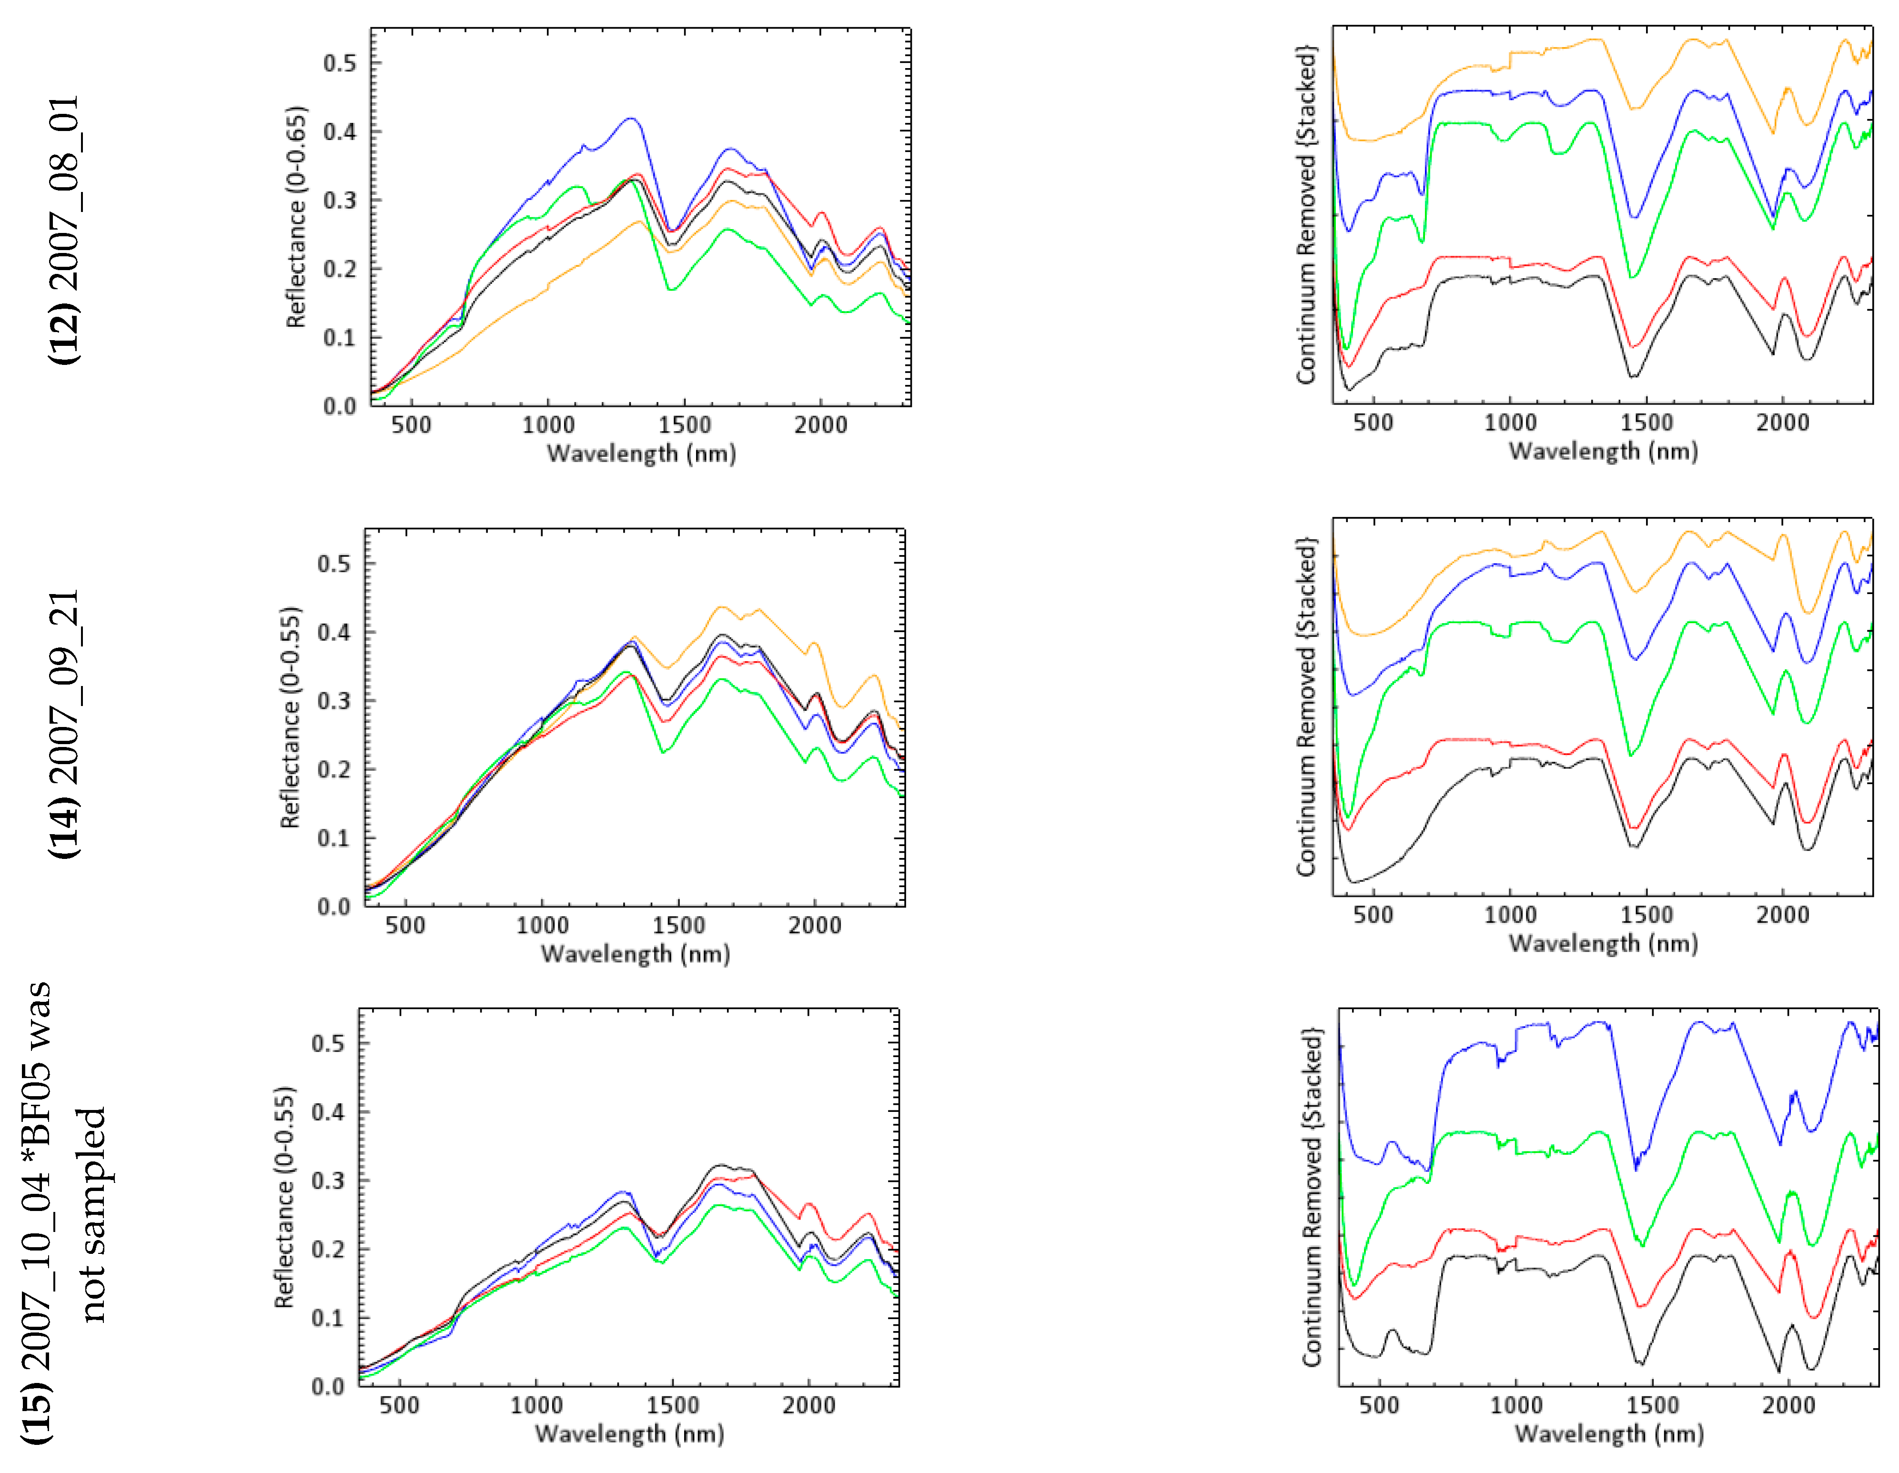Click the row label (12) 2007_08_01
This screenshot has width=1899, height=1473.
(x=65, y=231)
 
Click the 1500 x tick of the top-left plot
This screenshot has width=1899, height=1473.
(x=684, y=425)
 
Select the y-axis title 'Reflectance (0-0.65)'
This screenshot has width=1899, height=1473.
(x=296, y=217)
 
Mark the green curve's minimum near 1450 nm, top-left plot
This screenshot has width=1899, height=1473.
(x=671, y=290)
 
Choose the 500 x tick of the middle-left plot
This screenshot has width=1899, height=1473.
(x=405, y=925)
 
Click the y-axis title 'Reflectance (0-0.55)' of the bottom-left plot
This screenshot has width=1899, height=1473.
(x=284, y=1197)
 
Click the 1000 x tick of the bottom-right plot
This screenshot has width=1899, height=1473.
(x=1515, y=1405)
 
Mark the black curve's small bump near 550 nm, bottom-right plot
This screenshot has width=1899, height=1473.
(x=1392, y=1331)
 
